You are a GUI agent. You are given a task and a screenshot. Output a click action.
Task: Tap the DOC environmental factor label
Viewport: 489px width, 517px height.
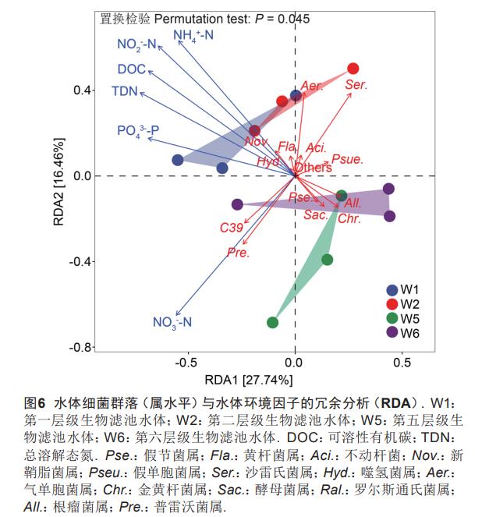(132, 69)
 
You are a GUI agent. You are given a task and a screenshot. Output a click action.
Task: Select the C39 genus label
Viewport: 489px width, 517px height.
(231, 228)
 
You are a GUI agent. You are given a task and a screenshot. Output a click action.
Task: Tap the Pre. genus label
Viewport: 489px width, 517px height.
(238, 252)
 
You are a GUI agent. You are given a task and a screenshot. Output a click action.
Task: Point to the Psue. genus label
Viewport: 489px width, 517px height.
(347, 159)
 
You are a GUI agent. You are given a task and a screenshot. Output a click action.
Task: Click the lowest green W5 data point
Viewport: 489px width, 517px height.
(273, 322)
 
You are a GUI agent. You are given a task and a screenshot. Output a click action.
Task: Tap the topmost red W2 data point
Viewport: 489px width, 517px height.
(353, 69)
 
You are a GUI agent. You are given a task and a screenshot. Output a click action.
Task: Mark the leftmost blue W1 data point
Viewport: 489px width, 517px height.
(178, 160)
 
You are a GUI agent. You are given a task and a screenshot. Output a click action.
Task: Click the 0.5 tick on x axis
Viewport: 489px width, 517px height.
(402, 363)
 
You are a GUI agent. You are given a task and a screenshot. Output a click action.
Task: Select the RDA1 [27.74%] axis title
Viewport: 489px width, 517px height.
(249, 381)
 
